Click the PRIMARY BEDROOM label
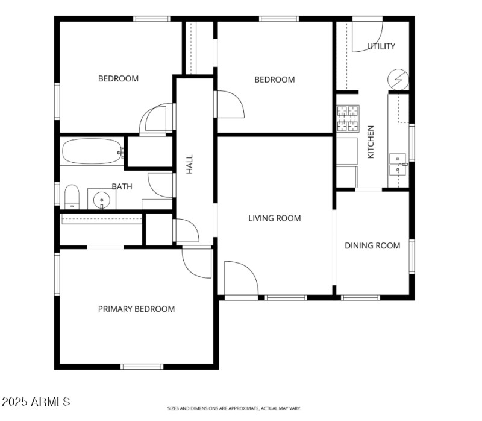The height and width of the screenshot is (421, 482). tap(136, 309)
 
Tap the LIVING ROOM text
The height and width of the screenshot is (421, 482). tap(274, 218)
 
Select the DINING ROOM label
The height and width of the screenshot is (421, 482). tap(372, 245)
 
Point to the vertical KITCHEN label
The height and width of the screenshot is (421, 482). tap(371, 142)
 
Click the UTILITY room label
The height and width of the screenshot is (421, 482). tap(381, 46)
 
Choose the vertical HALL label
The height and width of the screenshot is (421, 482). tap(190, 165)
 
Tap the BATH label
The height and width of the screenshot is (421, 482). tap(122, 186)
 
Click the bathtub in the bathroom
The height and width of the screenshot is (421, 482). tap(92, 152)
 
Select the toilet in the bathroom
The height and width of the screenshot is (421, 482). tap(72, 197)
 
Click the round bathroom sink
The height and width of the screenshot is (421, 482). tap(102, 199)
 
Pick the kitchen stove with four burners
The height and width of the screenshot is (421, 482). tap(347, 119)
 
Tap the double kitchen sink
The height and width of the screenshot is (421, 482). tap(398, 163)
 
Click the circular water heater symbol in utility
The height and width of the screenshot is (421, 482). tap(398, 78)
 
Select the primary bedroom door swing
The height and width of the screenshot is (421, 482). tap(196, 263)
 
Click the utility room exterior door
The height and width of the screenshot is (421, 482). tap(366, 35)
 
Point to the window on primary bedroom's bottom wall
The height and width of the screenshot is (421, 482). tap(142, 366)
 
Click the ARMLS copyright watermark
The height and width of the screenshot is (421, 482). tap(36, 402)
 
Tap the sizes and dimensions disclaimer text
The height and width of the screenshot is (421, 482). tap(234, 408)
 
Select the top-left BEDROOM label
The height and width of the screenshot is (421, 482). tap(118, 78)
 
